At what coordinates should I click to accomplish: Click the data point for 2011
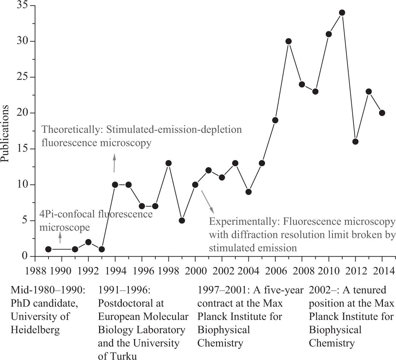tap(342, 13)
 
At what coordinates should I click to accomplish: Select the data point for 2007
tap(288, 41)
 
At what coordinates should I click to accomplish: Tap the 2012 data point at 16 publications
tap(355, 142)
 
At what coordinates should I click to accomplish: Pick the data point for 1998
tap(168, 163)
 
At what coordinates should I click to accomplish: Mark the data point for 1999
tap(182, 221)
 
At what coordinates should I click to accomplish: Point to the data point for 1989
tap(48, 249)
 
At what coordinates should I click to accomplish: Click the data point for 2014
tap(382, 113)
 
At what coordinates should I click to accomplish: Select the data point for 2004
tap(248, 192)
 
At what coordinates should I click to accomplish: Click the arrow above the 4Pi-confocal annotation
tap(60, 238)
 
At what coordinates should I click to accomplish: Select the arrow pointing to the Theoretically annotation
tap(114, 163)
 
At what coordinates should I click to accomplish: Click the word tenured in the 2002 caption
tap(378, 291)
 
